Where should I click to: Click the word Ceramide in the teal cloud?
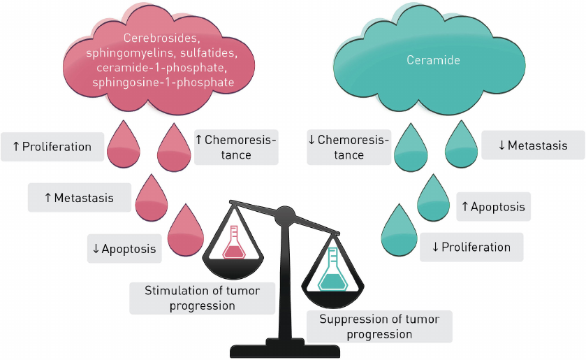(x=433, y=61)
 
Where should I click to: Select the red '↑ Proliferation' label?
(x=52, y=147)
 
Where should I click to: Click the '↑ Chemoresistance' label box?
(x=235, y=147)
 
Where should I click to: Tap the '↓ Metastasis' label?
(x=532, y=145)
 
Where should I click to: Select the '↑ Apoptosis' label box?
(x=493, y=207)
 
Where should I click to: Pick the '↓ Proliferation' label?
(x=471, y=247)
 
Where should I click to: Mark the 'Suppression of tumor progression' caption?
(x=379, y=326)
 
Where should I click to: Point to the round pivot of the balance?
(x=285, y=215)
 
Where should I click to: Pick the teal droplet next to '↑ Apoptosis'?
(x=434, y=200)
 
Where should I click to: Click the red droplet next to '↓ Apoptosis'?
(x=184, y=231)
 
